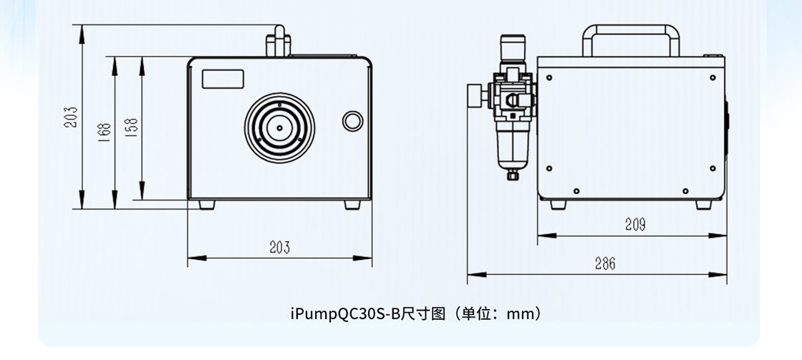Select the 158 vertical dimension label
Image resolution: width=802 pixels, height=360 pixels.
point(132,127)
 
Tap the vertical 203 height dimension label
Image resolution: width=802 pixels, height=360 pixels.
point(71,117)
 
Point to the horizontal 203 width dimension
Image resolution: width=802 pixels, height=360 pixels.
point(279,248)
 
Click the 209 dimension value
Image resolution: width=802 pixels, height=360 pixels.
point(634,225)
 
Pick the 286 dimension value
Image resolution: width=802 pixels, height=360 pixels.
point(604,263)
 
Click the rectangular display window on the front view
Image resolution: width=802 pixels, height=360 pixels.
point(223,78)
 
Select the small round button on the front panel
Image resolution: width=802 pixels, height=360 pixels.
point(352,119)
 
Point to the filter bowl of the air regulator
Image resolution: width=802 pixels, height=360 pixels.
point(513,147)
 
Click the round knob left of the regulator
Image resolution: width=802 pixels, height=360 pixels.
point(474,94)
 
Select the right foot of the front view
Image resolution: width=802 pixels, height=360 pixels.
point(352,204)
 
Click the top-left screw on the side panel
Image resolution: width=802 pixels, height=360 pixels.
point(549,77)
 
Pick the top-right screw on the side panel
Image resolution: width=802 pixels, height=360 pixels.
point(712,77)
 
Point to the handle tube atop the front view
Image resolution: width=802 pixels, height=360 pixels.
point(277,42)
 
